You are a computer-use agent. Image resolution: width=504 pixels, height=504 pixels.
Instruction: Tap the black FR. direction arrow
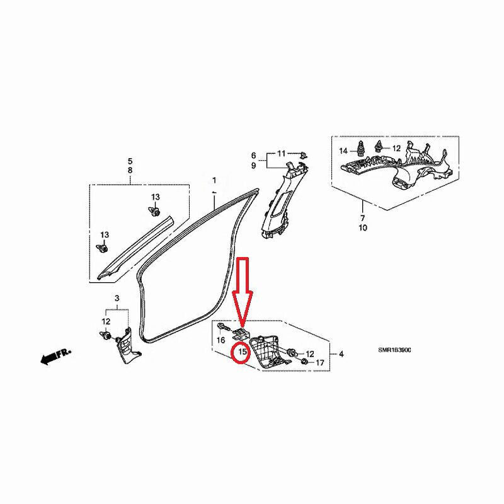tap(55, 356)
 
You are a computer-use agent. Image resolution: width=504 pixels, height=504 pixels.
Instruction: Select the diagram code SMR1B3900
tap(394, 350)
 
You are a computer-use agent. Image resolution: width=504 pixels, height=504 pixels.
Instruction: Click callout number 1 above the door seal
tap(214, 180)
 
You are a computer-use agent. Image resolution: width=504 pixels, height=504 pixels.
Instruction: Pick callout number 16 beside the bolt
tap(221, 340)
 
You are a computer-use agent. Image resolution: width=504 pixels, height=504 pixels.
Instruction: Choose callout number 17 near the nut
tap(320, 363)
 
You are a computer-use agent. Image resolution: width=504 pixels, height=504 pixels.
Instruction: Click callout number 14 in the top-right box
tap(343, 151)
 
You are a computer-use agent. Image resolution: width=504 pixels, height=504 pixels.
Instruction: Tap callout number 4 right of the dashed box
tap(341, 354)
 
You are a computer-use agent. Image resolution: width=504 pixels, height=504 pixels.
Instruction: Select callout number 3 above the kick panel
tap(117, 298)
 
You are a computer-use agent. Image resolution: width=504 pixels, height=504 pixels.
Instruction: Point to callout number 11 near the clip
tap(281, 153)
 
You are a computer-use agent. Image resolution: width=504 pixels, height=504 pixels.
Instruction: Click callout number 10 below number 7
tap(363, 228)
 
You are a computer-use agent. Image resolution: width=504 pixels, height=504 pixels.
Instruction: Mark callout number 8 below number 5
tap(130, 170)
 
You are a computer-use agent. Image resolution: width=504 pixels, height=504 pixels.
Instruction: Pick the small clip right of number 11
tap(303, 155)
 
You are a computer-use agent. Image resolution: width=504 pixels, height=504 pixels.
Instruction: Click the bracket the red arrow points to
tap(241, 335)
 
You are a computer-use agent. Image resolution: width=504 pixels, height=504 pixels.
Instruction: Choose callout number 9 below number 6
tap(254, 166)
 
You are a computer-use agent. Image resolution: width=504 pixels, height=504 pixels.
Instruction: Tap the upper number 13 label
tap(156, 197)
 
